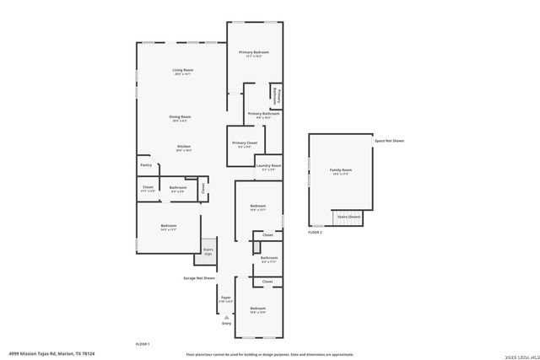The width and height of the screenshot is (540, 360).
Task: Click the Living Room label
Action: click(x=182, y=72)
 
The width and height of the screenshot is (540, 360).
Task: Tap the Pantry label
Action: click(x=146, y=165)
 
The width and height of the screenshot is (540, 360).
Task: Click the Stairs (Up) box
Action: click(x=208, y=251)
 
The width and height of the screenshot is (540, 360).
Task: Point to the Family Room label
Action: click(x=341, y=172)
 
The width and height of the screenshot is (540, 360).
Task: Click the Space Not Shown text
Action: click(x=390, y=141)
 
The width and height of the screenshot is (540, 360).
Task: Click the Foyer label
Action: click(x=226, y=298)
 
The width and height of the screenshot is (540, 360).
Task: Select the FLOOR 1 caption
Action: click(x=143, y=344)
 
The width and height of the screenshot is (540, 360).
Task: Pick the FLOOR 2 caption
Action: click(x=315, y=232)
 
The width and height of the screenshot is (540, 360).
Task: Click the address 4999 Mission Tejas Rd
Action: click(x=52, y=354)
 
